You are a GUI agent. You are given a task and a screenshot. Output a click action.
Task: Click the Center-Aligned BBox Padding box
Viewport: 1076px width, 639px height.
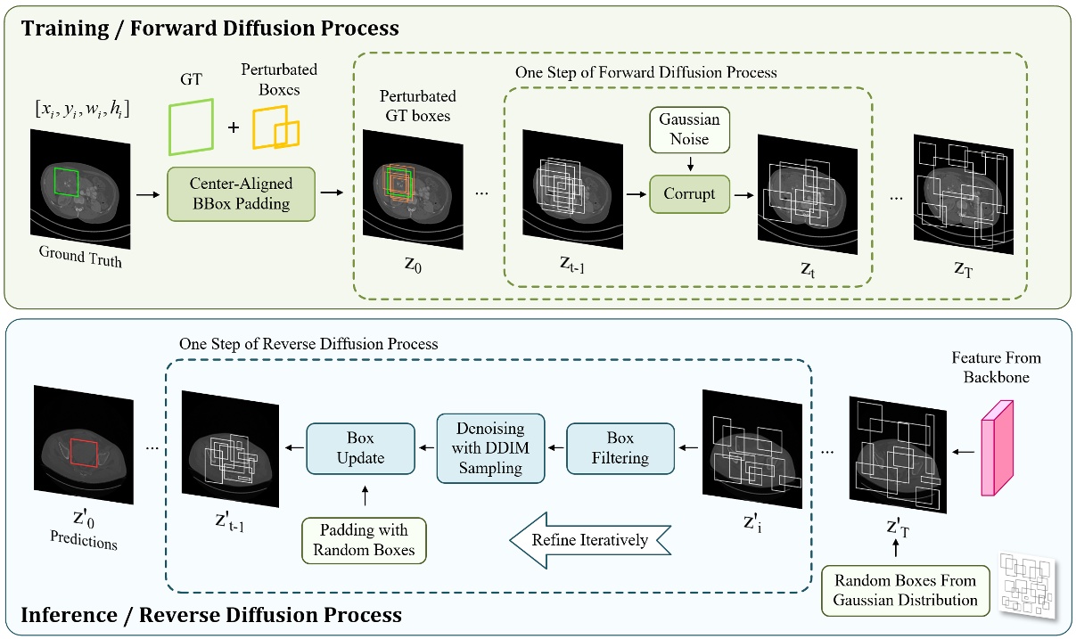241,193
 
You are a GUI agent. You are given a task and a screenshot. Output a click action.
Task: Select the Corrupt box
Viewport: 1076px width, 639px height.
689,193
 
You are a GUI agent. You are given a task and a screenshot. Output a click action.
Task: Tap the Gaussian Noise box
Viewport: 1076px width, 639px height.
689,128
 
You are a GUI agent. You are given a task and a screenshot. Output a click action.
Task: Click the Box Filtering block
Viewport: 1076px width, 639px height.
620,447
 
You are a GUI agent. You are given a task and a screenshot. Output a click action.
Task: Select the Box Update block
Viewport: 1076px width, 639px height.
360,448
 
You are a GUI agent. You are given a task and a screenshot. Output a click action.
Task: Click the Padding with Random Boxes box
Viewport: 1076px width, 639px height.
364,538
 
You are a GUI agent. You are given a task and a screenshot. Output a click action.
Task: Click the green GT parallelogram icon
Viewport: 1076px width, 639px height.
191,126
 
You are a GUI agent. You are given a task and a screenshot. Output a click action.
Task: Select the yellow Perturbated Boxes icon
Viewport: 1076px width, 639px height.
275,129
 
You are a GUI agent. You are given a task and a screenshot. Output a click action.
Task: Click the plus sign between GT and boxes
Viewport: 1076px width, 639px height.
234,127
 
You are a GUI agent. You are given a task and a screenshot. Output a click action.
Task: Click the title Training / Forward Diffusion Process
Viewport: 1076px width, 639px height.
209,28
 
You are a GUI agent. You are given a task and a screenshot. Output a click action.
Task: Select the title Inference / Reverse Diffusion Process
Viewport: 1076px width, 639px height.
211,615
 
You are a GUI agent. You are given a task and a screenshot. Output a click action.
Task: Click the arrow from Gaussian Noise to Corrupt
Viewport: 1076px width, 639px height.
689,162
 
